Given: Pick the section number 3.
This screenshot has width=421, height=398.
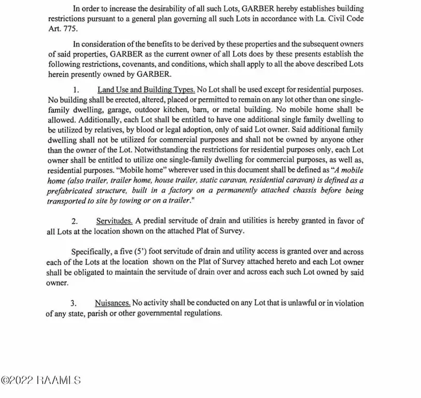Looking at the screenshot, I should pyautogui.click(x=74, y=303).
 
